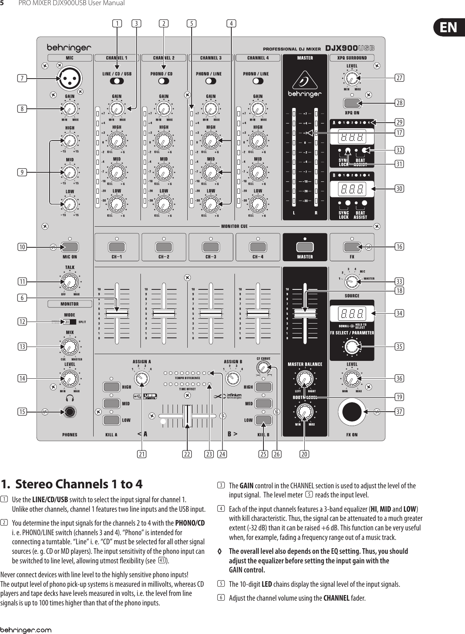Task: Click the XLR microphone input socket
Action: pos(68,78)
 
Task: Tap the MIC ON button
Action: pos(70,247)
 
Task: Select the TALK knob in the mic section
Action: pos(69,282)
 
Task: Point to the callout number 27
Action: pos(400,78)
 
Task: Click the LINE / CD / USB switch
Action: pos(117,81)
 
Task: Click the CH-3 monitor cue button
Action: pos(211,247)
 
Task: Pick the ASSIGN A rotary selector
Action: pos(140,378)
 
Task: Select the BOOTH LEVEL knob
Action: pos(304,411)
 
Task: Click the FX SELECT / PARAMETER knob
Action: pos(352,346)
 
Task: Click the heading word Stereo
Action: pos(34,484)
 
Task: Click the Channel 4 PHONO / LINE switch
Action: pos(258,81)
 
